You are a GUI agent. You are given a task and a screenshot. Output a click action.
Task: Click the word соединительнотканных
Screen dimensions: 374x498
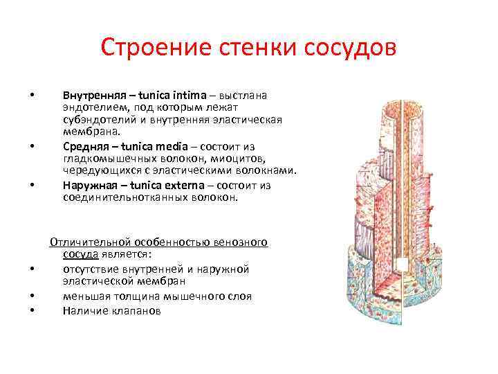(122, 197)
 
